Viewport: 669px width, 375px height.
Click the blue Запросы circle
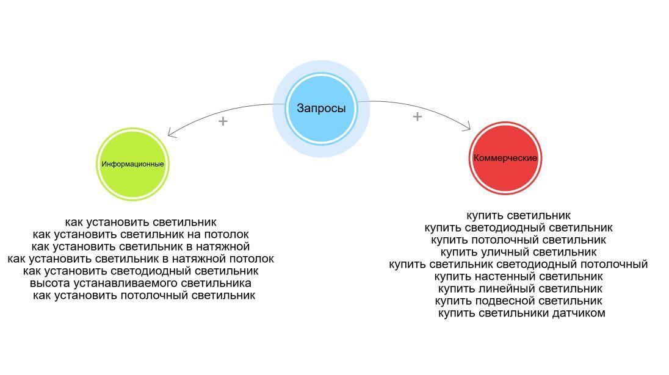(x=321, y=109)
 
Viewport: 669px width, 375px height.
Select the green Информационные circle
(x=132, y=164)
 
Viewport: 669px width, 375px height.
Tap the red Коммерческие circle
(x=505, y=158)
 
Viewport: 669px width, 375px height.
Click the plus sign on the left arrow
(x=223, y=121)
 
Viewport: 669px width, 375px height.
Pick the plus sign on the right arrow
(x=417, y=116)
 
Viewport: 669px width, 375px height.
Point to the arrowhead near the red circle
(x=468, y=127)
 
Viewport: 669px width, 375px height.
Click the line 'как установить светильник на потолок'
(x=140, y=234)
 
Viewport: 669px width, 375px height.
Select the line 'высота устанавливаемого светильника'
(x=140, y=283)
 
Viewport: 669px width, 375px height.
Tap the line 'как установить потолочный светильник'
(x=143, y=295)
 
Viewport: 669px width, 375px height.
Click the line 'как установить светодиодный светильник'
(x=140, y=271)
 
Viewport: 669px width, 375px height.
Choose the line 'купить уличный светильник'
(x=518, y=252)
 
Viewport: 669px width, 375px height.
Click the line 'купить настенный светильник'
(x=518, y=276)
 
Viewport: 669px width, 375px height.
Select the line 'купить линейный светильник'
(x=519, y=288)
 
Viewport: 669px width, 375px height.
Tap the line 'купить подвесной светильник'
(x=518, y=301)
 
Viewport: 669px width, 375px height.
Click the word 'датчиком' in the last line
(x=578, y=313)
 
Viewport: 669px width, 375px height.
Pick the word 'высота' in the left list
(x=48, y=283)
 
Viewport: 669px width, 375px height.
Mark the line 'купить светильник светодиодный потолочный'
(x=518, y=264)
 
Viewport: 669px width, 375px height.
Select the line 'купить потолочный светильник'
(x=518, y=240)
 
